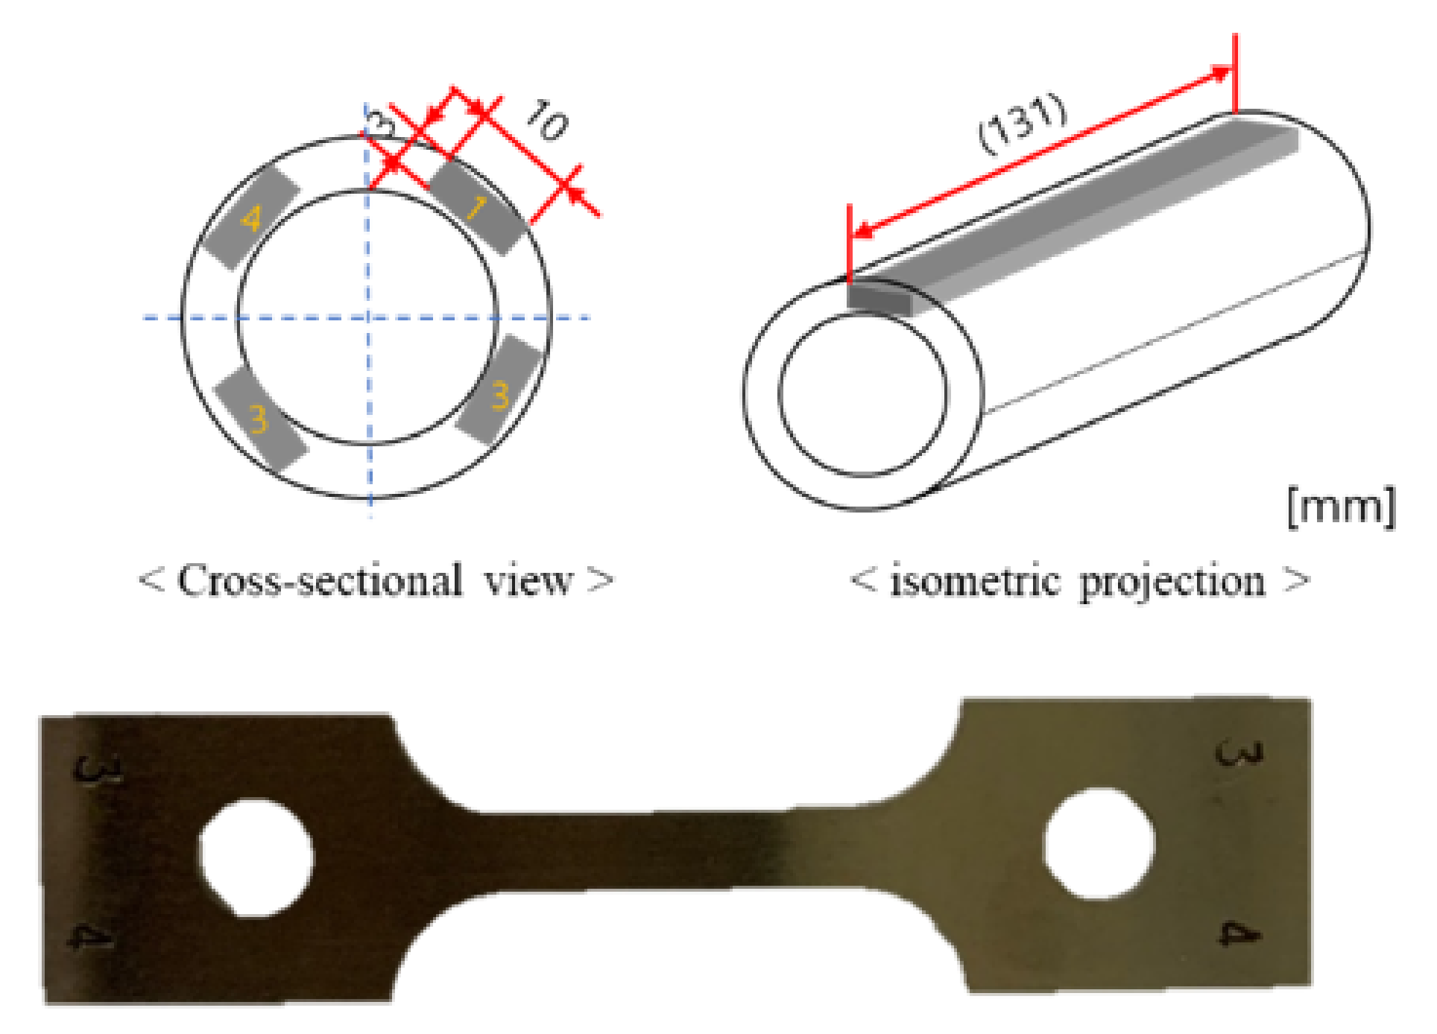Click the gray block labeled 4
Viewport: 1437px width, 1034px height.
251,218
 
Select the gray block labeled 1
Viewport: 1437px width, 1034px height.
478,208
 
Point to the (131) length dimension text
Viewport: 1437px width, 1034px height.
1023,124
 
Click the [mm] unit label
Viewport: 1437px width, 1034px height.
1341,507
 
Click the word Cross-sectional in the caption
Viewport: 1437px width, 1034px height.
320,580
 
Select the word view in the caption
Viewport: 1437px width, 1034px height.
528,580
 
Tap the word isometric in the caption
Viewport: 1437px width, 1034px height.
975,581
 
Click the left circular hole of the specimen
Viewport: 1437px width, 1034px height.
256,857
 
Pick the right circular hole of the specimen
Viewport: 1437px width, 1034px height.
1099,843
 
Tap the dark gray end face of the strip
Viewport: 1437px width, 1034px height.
878,297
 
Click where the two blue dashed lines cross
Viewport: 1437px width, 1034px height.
370,318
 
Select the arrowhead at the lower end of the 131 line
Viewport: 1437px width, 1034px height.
862,231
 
